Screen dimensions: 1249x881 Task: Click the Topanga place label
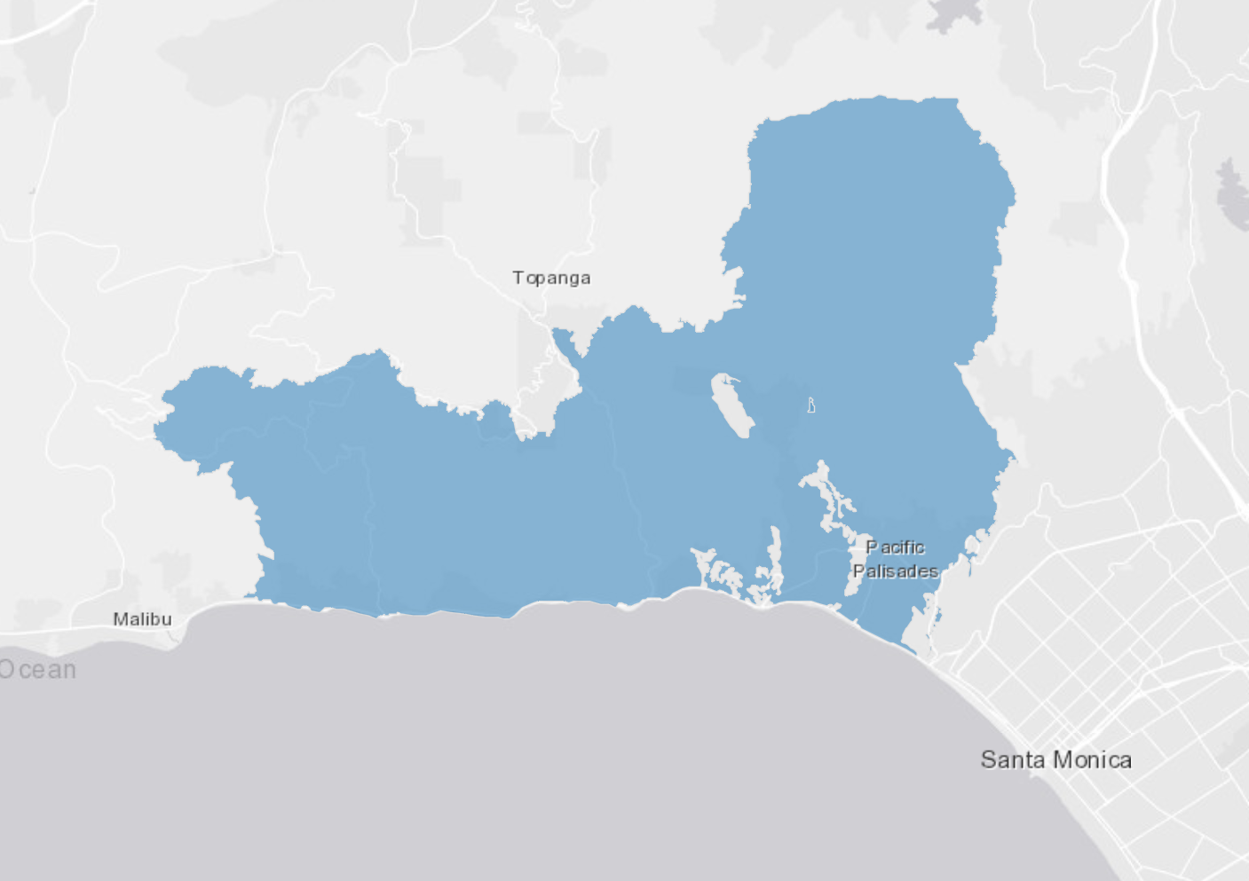[551, 278]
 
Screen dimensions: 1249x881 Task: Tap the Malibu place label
[142, 619]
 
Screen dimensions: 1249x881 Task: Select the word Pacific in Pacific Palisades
[895, 547]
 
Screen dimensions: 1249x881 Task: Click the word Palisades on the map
[895, 571]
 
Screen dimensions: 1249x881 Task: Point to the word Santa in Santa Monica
[1013, 759]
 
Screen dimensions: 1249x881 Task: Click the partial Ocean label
[38, 670]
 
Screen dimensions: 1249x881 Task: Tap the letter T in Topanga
[518, 278]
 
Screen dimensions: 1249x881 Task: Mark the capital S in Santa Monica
[988, 759]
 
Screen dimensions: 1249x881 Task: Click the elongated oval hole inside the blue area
[732, 405]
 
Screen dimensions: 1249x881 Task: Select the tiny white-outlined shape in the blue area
[810, 405]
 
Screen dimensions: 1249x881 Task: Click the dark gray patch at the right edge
[1232, 191]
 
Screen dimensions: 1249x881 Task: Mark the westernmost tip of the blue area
[156, 431]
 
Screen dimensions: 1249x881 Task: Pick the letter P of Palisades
[858, 571]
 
